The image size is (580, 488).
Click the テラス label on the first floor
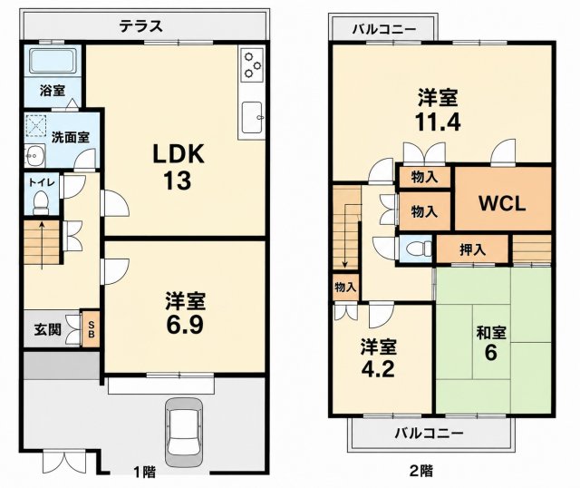click(x=141, y=26)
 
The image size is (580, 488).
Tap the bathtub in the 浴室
click(x=53, y=61)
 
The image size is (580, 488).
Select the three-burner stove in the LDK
click(x=252, y=65)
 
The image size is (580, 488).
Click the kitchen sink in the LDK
click(x=252, y=117)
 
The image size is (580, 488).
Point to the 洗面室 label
click(x=71, y=137)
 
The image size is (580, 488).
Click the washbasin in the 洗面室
click(x=34, y=156)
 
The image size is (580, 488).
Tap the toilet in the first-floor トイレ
click(x=41, y=202)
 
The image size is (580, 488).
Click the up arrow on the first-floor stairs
click(x=43, y=245)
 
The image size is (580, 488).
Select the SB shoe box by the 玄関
click(x=91, y=328)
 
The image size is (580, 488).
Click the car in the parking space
click(x=184, y=432)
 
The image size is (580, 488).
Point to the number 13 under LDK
click(x=178, y=181)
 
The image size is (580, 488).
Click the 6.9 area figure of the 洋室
click(x=185, y=325)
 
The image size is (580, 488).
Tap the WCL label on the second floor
click(x=502, y=203)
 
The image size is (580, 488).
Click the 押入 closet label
click(x=472, y=250)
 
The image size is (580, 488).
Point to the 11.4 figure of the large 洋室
click(x=438, y=122)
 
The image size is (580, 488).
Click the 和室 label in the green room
click(x=491, y=333)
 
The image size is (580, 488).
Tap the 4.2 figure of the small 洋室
click(x=379, y=368)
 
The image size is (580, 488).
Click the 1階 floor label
click(x=145, y=472)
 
